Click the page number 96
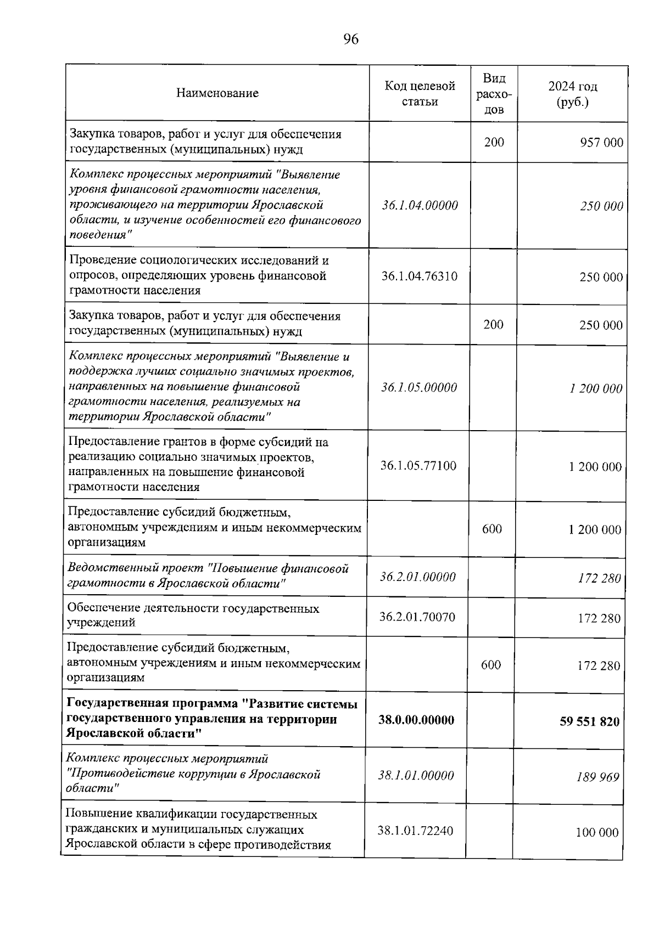tap(350, 39)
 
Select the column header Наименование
tap(217, 93)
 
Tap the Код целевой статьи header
tap(420, 94)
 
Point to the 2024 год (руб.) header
tap(572, 94)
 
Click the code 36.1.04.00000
tap(420, 205)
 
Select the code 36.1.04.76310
tap(420, 275)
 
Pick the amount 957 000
tap(601, 143)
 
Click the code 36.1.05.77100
tap(418, 466)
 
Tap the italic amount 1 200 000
tap(595, 388)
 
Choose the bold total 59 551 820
tap(589, 721)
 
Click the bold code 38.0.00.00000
tap(416, 720)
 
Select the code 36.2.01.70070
tap(417, 617)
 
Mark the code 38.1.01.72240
tap(415, 831)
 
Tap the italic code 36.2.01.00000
tap(418, 577)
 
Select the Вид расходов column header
tap(494, 93)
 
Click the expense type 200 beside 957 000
tap(494, 142)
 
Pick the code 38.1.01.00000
tap(416, 775)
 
